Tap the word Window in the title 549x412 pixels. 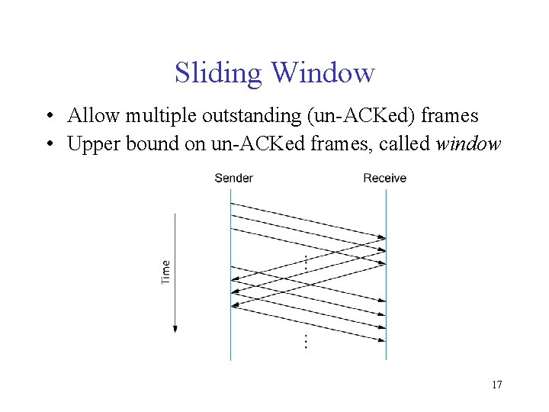323,73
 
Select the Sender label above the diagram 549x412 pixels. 233,178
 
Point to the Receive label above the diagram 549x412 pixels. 384,178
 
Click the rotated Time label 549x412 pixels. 166,272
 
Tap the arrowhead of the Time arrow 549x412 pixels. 175,328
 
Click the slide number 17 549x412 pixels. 496,385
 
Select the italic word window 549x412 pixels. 467,144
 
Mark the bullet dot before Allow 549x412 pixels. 48,117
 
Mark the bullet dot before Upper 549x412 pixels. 48,145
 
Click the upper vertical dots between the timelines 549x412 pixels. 305,261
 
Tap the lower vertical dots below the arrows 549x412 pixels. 306,341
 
